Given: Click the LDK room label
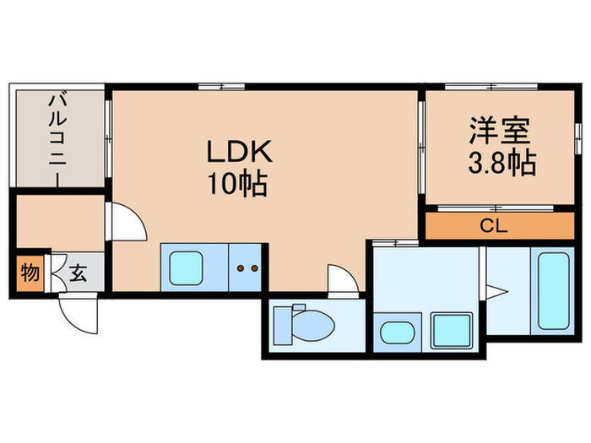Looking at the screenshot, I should [239, 153].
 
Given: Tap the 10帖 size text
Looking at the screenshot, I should [239, 183].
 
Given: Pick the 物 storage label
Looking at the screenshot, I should [30, 274].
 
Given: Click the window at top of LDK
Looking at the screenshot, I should [222, 86].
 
